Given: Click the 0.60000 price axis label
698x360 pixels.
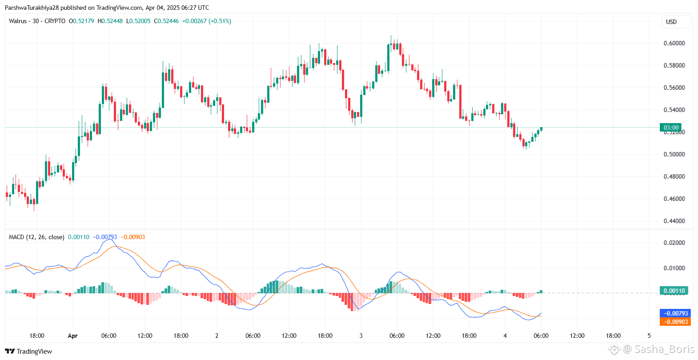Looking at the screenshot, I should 674,43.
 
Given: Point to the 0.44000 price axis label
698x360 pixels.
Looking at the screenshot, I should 674,221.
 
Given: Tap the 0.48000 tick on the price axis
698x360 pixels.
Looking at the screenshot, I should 674,176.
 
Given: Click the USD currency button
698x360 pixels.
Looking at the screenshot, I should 671,22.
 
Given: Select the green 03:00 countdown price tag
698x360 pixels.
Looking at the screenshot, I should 671,128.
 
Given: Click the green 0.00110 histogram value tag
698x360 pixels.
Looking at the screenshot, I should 674,291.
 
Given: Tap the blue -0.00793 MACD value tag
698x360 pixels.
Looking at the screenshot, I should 675,313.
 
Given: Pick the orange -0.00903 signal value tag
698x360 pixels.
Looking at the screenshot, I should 675,322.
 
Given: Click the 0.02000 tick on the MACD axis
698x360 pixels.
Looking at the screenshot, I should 674,243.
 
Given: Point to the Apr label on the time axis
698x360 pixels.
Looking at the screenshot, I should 72,336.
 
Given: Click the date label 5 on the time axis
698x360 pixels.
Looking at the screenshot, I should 649,336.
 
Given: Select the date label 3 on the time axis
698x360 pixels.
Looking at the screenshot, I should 361,336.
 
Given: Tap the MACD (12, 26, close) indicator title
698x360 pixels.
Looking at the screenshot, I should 36,237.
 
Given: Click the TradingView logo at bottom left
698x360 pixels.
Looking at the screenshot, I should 28,351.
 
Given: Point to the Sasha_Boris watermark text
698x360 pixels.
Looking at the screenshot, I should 664,349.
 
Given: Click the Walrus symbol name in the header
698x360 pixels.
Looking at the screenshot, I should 18,21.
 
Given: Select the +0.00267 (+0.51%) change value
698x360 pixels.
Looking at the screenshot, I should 207,21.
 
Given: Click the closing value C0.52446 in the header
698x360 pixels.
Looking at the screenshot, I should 166,21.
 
